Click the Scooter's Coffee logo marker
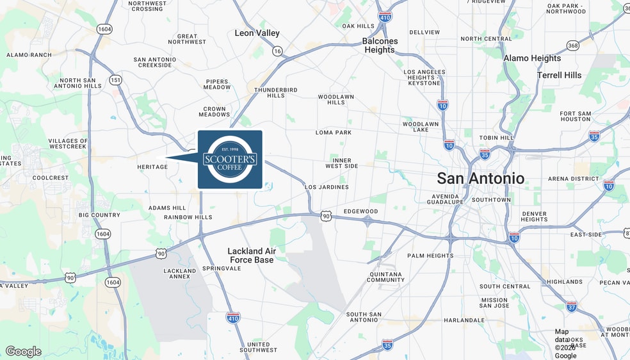point(230,159)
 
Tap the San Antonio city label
point(480,179)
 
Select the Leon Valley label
point(257,33)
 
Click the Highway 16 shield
point(277,51)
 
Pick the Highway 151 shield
point(115,80)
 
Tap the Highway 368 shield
point(572,45)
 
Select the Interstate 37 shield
point(571,306)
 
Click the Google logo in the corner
point(23,351)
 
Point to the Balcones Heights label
point(380,45)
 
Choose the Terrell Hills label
point(559,75)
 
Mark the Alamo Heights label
point(532,58)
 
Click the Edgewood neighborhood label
point(360,211)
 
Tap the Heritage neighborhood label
point(152,167)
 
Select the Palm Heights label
point(430,256)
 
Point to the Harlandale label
point(464,320)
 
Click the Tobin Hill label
point(497,138)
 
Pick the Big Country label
point(99,215)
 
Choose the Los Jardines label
point(327,187)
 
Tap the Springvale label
point(221,268)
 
